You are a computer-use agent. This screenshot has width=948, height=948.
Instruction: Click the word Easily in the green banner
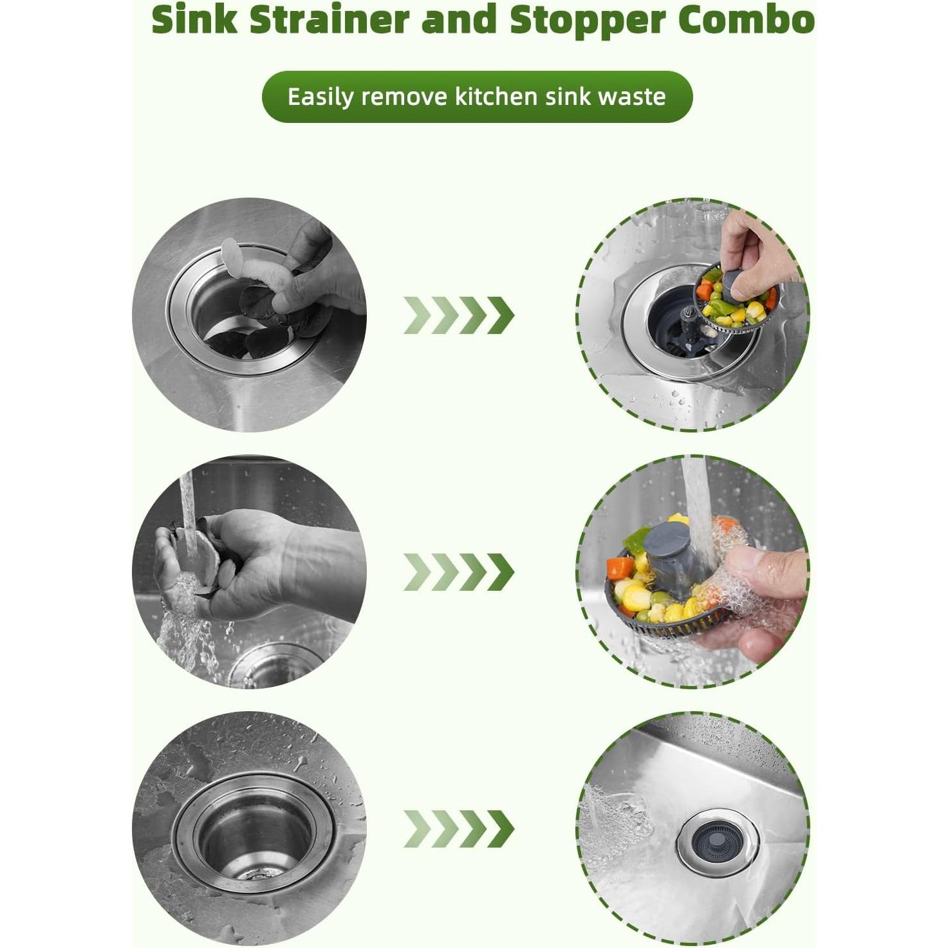pyautogui.click(x=321, y=97)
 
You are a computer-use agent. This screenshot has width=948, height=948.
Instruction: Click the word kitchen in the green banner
pyautogui.click(x=496, y=97)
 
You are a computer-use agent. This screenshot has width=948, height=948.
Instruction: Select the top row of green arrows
pyautogui.click(x=459, y=315)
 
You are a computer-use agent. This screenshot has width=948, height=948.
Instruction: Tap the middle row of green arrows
pyautogui.click(x=459, y=572)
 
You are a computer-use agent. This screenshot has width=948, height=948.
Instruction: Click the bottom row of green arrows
pyautogui.click(x=459, y=828)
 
